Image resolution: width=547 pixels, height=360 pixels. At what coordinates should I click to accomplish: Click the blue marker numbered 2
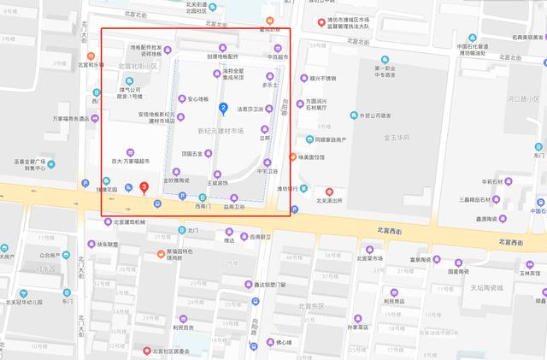[x=223, y=108]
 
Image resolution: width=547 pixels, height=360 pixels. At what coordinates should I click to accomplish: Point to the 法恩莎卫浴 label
[x=250, y=109]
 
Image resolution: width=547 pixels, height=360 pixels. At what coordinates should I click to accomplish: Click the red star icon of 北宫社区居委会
[x=146, y=351]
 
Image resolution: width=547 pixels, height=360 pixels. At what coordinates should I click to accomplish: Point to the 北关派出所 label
[x=330, y=201]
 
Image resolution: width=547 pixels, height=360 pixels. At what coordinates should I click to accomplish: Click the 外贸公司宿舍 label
[x=374, y=115]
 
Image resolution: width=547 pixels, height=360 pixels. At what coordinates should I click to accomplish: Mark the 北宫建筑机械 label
[x=130, y=222]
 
